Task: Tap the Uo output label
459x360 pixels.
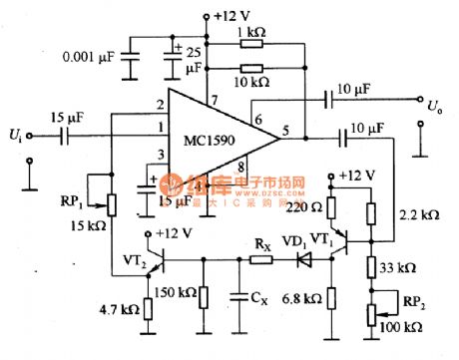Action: click(434, 103)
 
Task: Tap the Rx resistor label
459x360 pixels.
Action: click(260, 241)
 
